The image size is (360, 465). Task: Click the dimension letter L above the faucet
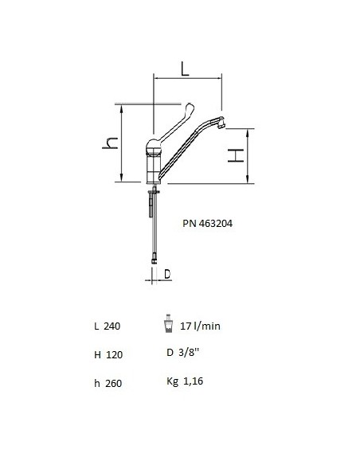pos(185,68)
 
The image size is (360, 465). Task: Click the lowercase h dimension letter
pos(110,143)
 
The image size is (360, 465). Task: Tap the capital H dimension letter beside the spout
pos(236,155)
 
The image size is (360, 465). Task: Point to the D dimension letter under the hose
pos(167,274)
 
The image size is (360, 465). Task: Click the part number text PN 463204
pos(207,223)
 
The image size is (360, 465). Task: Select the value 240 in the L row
pos(112,326)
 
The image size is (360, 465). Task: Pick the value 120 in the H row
pos(114,354)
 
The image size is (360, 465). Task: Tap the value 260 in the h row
pos(114,383)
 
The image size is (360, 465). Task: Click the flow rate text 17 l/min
pos(200,326)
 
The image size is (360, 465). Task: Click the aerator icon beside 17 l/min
pos(168,323)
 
